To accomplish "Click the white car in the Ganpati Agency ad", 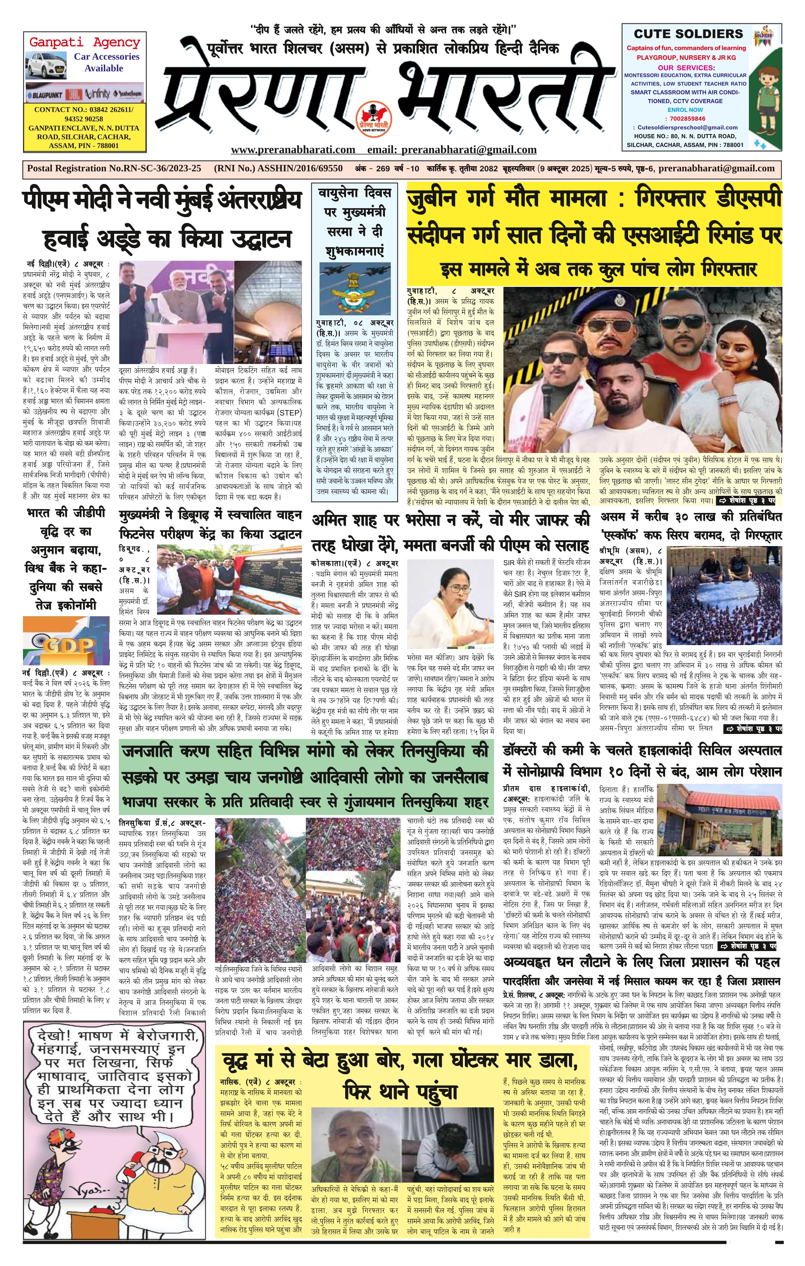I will click(47, 68).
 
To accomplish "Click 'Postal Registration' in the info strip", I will click(66, 169).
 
